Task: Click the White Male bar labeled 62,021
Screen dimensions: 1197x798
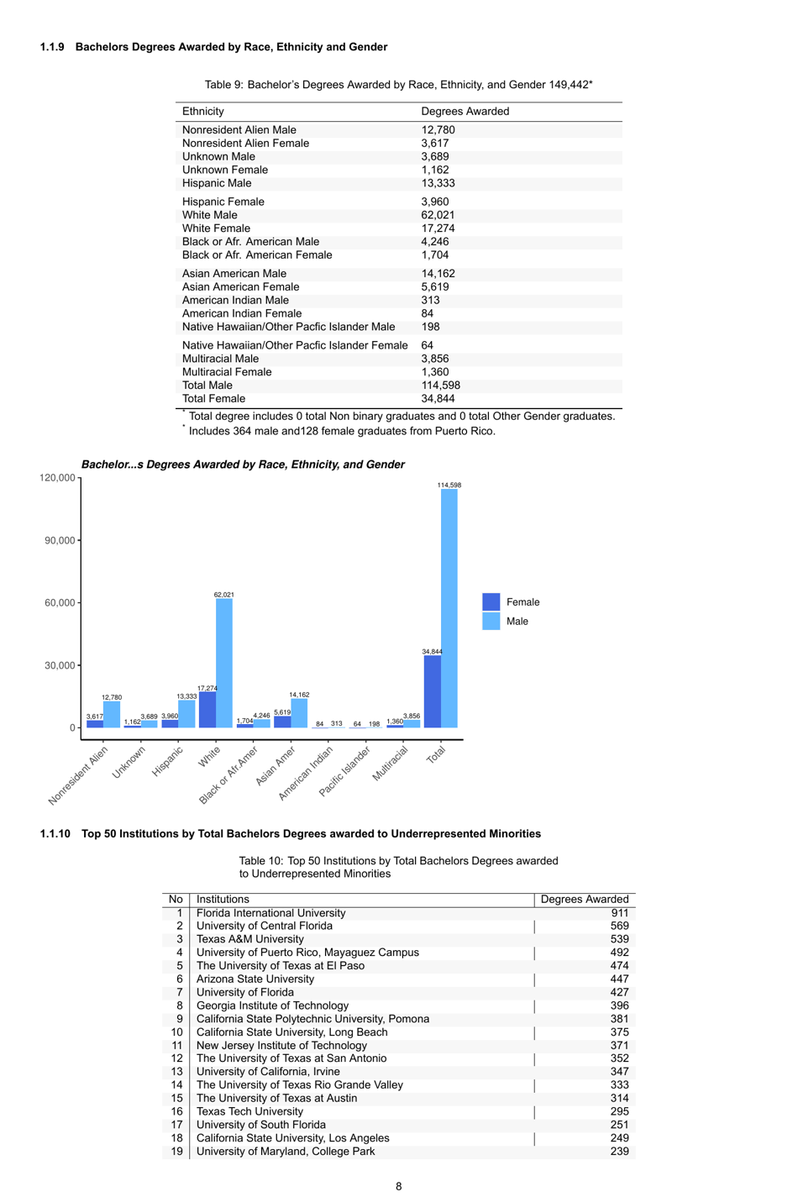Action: coord(224,663)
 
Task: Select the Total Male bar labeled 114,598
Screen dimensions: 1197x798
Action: coord(449,608)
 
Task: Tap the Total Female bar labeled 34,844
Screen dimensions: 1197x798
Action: coord(433,691)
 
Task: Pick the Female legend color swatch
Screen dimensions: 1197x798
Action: coord(491,601)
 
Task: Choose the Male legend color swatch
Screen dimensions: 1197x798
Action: coord(491,622)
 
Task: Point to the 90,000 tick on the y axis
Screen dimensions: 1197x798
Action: coord(59,540)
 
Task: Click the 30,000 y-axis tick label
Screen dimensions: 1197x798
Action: coord(59,665)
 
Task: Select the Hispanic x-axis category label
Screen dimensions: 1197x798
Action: coord(167,761)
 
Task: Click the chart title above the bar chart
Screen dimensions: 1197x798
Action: coord(243,465)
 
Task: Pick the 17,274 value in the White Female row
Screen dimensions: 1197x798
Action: coord(438,228)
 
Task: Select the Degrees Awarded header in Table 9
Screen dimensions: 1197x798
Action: coord(465,112)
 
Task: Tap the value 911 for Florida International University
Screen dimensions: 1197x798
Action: coord(619,913)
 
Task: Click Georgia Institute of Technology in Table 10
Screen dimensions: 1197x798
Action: coord(272,1005)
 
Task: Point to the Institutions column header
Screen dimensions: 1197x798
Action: coord(223,900)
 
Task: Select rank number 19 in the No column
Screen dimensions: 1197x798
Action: coord(176,1152)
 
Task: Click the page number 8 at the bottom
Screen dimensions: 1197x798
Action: coord(399,1186)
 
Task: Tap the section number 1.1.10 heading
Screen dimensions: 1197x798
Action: coord(55,834)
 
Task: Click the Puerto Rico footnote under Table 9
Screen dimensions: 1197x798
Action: coord(341,432)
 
